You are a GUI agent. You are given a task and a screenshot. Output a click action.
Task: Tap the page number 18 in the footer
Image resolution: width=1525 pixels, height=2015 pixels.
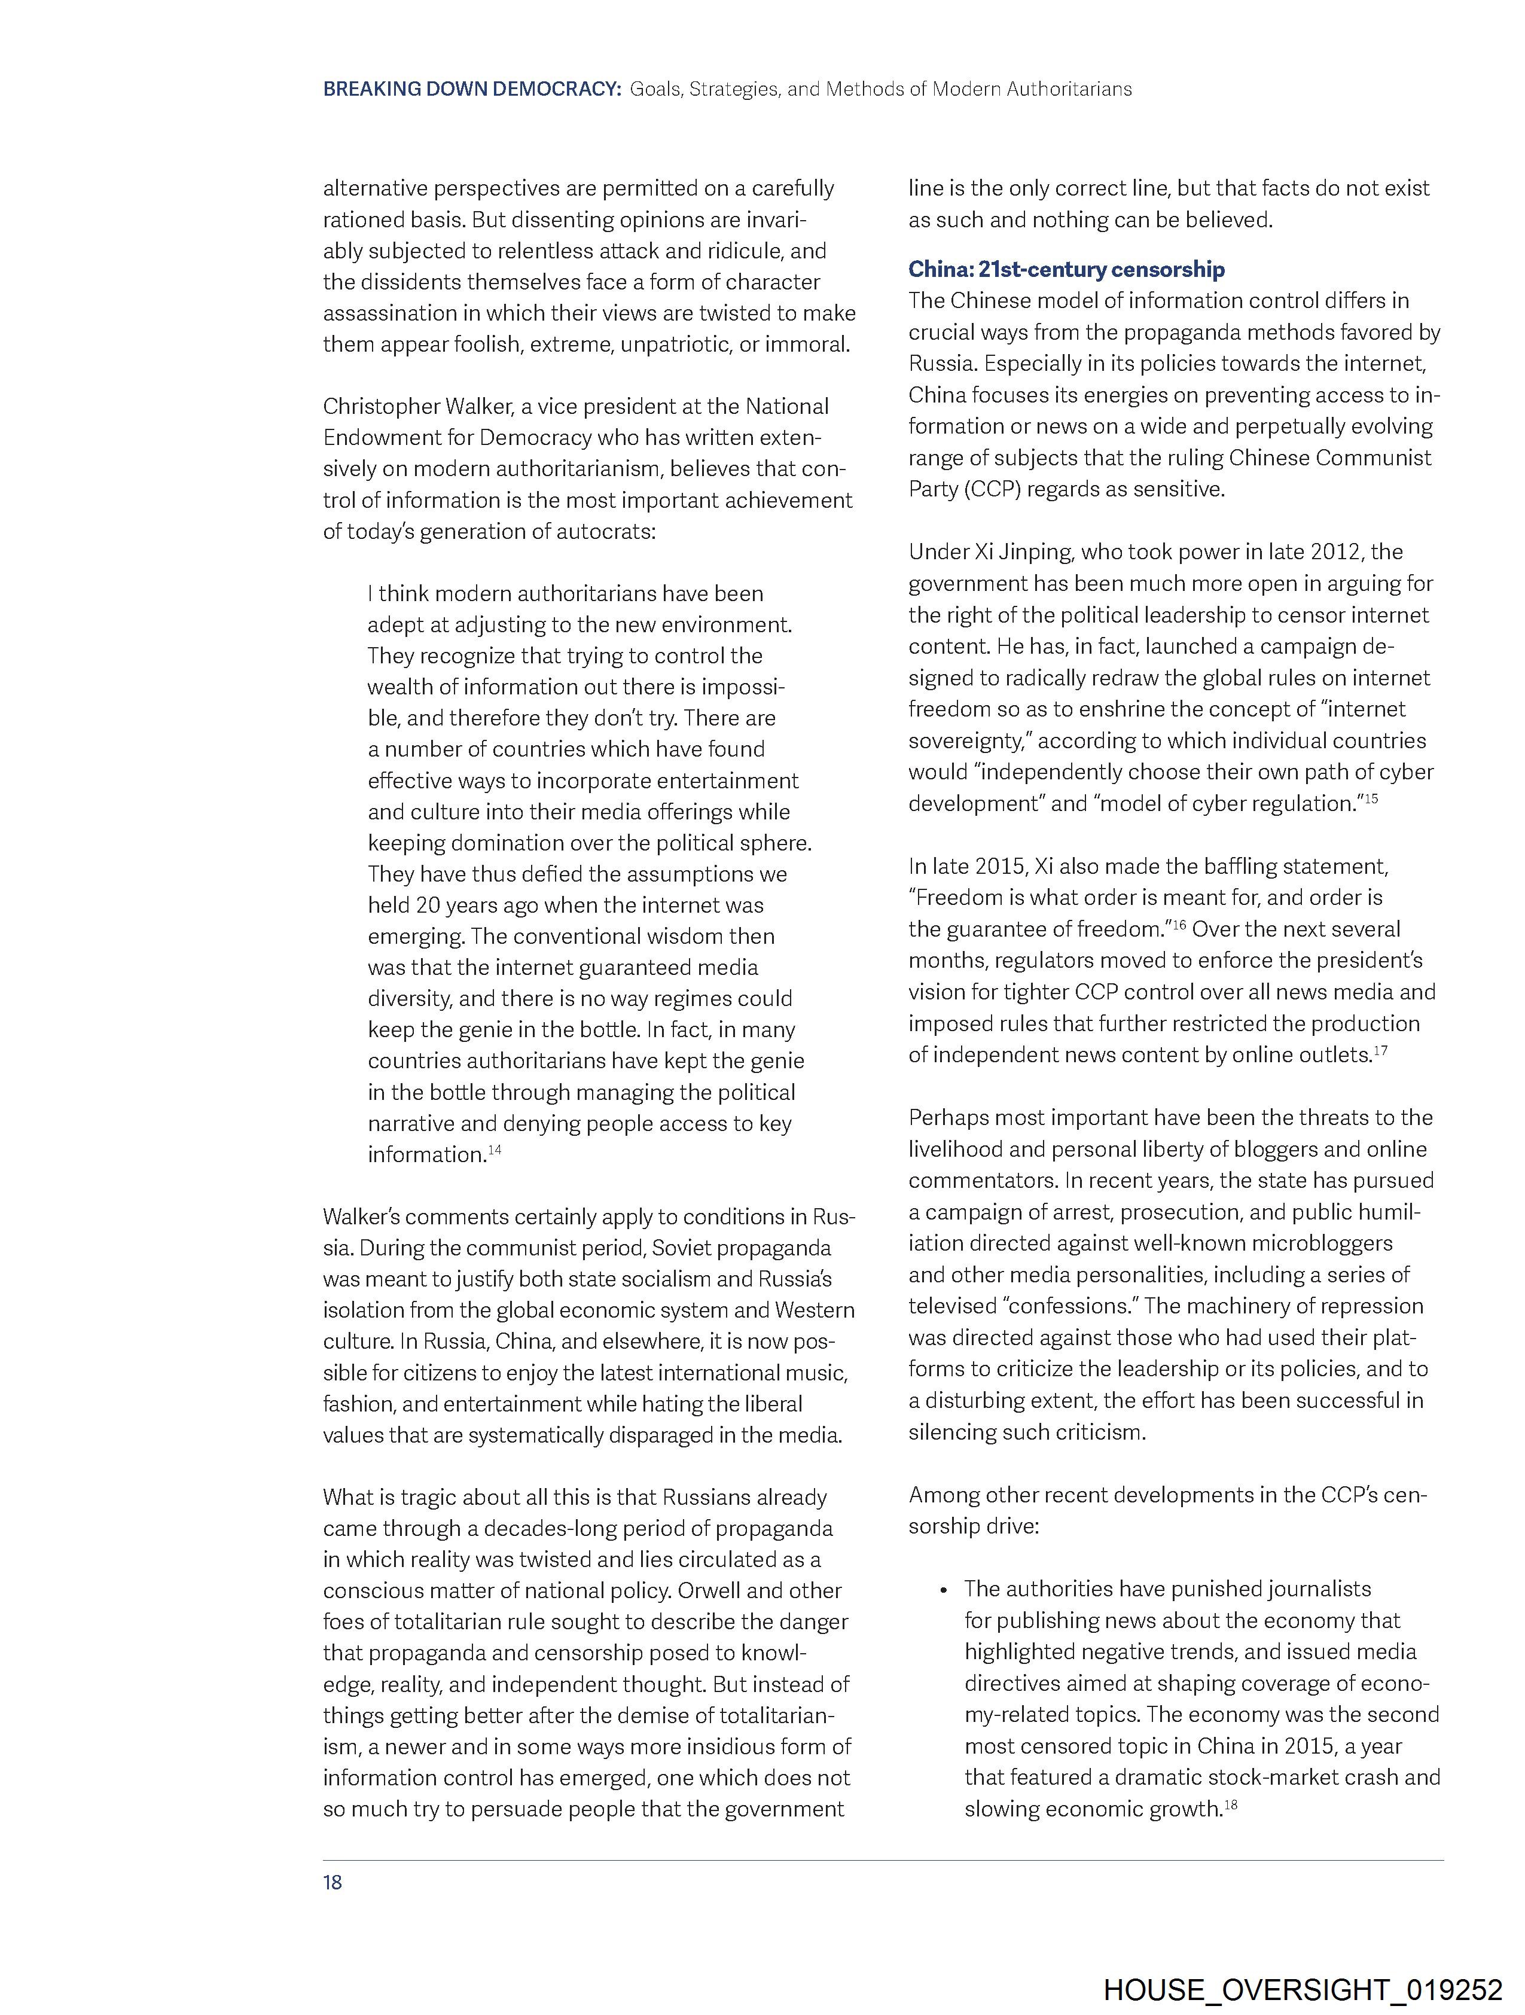click(333, 1882)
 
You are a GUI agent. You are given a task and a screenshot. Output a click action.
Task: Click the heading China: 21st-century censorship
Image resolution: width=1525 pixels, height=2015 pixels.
click(1066, 270)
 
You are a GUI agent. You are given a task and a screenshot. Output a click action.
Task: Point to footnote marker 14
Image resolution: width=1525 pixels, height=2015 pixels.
click(495, 1150)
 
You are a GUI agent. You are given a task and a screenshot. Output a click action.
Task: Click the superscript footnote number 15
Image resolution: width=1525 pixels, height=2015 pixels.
click(1371, 799)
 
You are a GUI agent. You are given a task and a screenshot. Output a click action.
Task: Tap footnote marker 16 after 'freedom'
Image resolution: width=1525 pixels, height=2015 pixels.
click(1178, 925)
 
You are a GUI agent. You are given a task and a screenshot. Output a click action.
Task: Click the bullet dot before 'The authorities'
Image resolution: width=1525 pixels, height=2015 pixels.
click(944, 1590)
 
